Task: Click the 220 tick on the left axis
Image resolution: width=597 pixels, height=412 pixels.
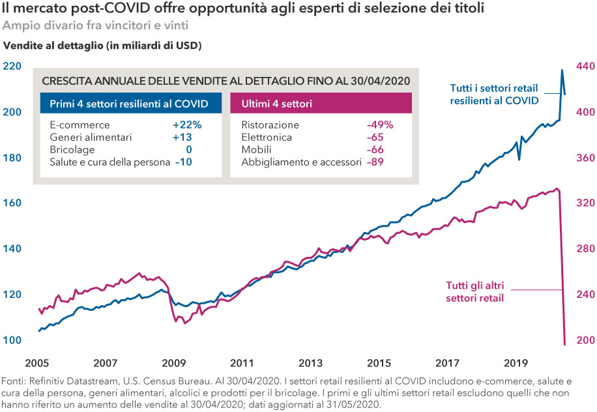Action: [12, 66]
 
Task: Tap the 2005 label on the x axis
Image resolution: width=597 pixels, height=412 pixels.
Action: [38, 362]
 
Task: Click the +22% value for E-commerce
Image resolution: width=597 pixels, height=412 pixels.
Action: [187, 125]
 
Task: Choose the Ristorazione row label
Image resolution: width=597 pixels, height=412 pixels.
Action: [270, 125]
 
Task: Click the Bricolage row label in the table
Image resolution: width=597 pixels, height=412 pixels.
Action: [72, 150]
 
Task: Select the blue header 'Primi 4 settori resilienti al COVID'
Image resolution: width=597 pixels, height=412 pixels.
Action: [129, 104]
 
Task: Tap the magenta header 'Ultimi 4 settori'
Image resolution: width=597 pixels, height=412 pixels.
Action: [276, 104]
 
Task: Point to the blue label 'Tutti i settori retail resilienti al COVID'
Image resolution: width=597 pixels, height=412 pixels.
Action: [494, 95]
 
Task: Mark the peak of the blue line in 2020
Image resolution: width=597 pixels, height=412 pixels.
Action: [562, 70]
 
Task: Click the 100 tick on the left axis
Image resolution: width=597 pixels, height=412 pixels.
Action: [12, 340]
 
